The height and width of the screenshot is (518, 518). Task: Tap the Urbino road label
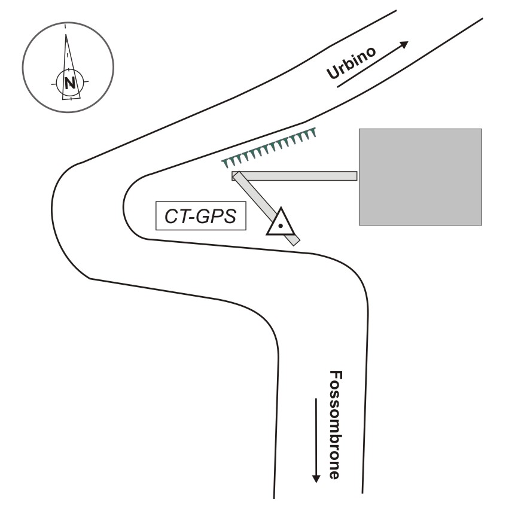(352, 62)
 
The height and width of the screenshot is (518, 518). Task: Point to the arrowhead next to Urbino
(404, 45)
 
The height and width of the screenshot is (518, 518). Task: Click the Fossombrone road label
(336, 425)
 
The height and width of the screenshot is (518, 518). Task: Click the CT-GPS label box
(200, 216)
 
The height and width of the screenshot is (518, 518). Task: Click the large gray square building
(420, 176)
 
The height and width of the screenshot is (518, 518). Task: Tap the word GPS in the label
(218, 217)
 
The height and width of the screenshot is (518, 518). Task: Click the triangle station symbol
(280, 223)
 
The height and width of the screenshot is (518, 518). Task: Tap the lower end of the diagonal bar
(294, 241)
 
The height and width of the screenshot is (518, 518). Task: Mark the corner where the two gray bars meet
(237, 175)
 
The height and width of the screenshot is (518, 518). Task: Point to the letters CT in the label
(178, 217)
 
